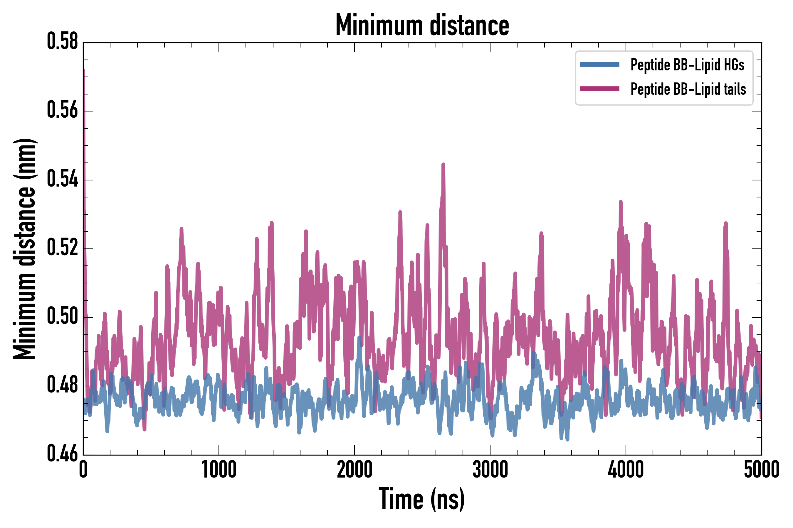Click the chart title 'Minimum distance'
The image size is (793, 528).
[422, 25]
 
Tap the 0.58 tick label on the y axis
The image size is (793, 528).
[62, 42]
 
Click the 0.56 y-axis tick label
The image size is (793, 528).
[62, 111]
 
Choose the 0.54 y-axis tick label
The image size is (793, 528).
[62, 179]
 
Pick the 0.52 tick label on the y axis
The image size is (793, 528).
[62, 248]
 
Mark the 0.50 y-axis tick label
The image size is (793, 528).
[62, 317]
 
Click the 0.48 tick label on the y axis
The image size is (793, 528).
[62, 385]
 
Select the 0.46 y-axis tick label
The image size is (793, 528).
[62, 454]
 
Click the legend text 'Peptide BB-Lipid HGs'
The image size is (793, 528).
[687, 65]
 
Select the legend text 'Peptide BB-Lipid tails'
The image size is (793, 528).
[688, 89]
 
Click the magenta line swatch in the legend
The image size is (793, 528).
[599, 89]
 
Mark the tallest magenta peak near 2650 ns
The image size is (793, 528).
[443, 165]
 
